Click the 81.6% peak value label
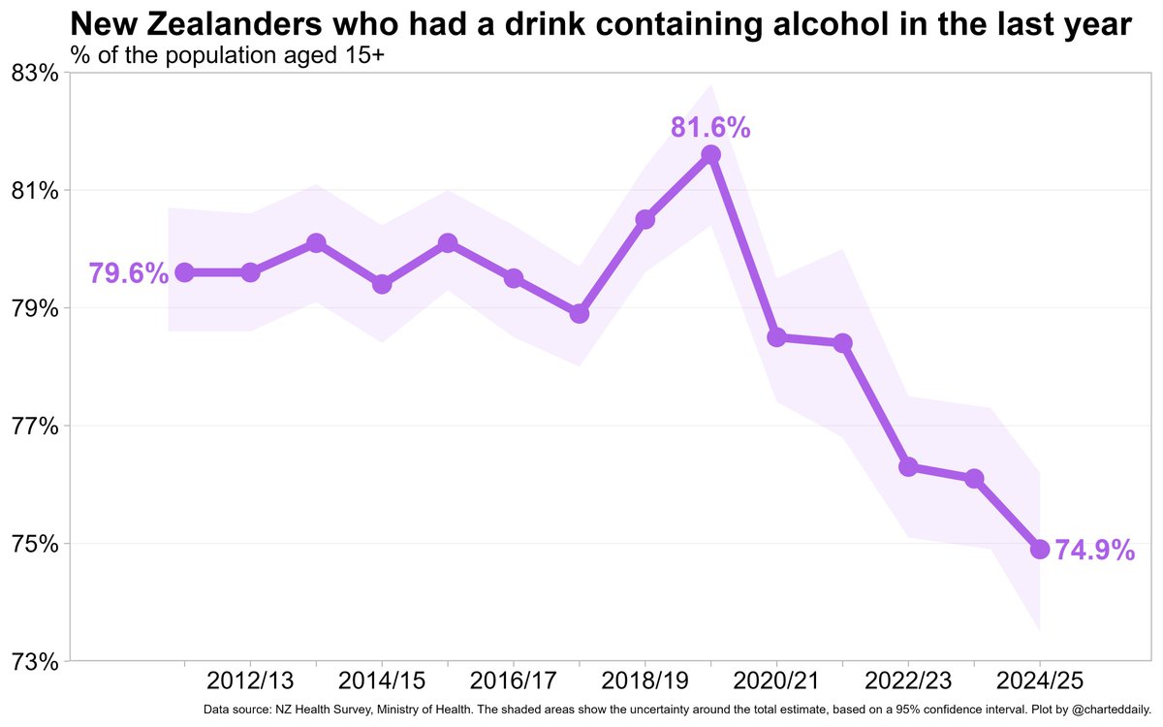click(710, 127)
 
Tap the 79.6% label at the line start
click(128, 273)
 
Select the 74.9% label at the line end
click(1094, 551)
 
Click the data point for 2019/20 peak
click(710, 155)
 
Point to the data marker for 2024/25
click(1040, 550)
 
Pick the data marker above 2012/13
click(250, 272)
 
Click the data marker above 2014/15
click(382, 284)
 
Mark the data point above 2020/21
click(776, 337)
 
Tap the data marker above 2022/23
click(908, 467)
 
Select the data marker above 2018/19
click(644, 220)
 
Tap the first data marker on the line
click(184, 272)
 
